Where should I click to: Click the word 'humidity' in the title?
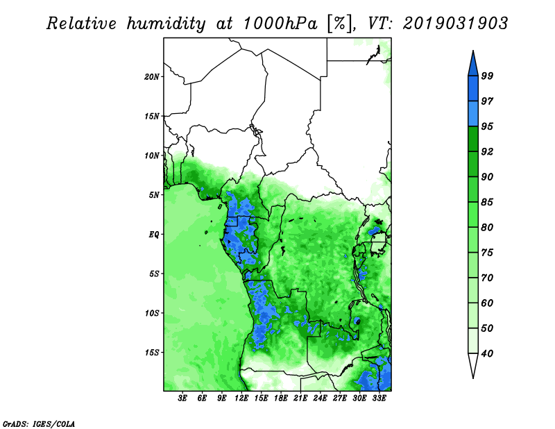(166, 24)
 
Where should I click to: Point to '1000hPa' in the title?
(280, 24)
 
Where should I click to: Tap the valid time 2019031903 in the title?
(455, 24)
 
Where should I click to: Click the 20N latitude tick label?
(152, 77)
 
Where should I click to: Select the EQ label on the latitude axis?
(154, 235)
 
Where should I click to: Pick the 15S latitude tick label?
(152, 353)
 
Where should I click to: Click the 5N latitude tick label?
(154, 195)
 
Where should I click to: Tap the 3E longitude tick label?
(182, 398)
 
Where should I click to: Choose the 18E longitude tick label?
(281, 398)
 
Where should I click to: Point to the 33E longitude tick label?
(379, 398)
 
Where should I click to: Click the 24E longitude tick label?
(320, 398)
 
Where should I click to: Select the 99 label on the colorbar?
(487, 76)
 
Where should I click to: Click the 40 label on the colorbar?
(487, 353)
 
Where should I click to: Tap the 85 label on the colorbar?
(487, 202)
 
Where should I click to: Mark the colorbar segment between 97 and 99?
(473, 89)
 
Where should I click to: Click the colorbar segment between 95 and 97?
(473, 114)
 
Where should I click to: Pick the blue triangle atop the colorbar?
(473, 65)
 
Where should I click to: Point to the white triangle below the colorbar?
(473, 364)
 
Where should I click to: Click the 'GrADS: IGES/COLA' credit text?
(39, 423)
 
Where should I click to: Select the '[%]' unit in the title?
(341, 24)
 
